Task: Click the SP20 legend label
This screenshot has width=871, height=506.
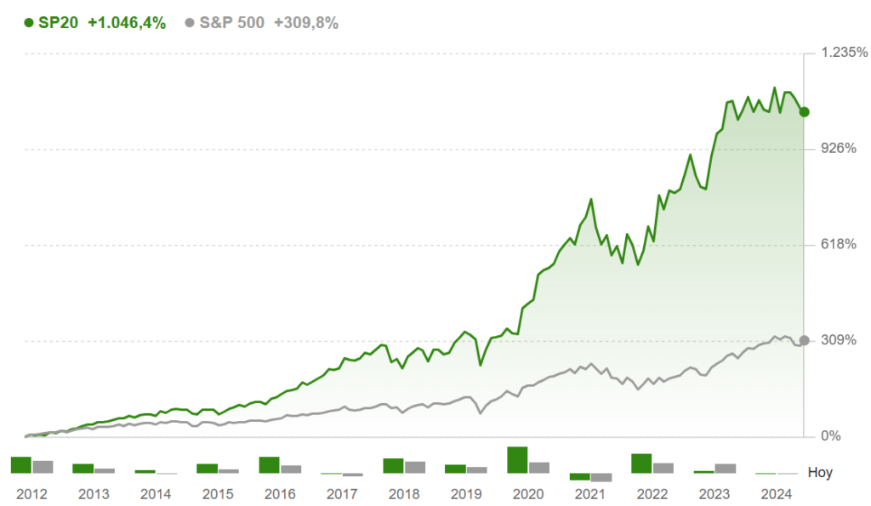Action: tap(58, 23)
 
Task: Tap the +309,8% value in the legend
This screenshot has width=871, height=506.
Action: tap(306, 23)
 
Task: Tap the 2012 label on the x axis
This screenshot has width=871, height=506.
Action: tap(32, 494)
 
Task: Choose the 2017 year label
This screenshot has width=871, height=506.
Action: tap(342, 494)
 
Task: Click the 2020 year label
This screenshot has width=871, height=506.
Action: tap(528, 494)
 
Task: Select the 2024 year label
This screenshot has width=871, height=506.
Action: tap(777, 494)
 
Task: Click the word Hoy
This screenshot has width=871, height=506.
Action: tap(819, 473)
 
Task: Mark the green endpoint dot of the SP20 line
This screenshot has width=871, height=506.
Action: tap(804, 111)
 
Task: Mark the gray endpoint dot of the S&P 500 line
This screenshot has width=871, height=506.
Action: tap(804, 340)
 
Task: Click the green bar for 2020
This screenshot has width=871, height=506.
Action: tap(517, 460)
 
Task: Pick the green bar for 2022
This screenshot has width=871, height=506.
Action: tap(641, 463)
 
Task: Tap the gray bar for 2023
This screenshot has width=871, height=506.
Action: tap(726, 468)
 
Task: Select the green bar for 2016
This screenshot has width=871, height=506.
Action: tap(270, 465)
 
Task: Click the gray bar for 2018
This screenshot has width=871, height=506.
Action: tap(415, 467)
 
